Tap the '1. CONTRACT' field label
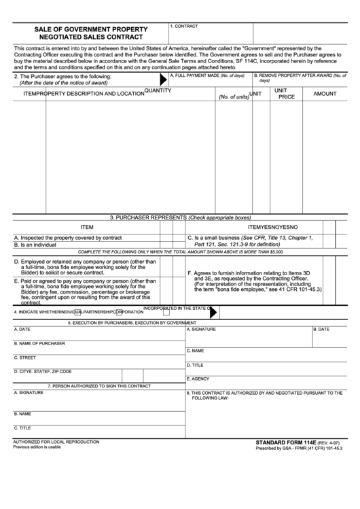184,25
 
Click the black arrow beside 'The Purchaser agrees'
162,79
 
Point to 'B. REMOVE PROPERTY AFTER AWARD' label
302,75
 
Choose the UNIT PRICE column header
287,94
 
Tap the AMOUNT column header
325,94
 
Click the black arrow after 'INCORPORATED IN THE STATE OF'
215,312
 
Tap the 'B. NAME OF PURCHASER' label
39,343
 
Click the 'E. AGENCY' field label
200,379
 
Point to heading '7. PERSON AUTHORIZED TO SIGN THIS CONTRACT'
99,386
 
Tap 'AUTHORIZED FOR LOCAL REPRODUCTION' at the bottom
56,442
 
